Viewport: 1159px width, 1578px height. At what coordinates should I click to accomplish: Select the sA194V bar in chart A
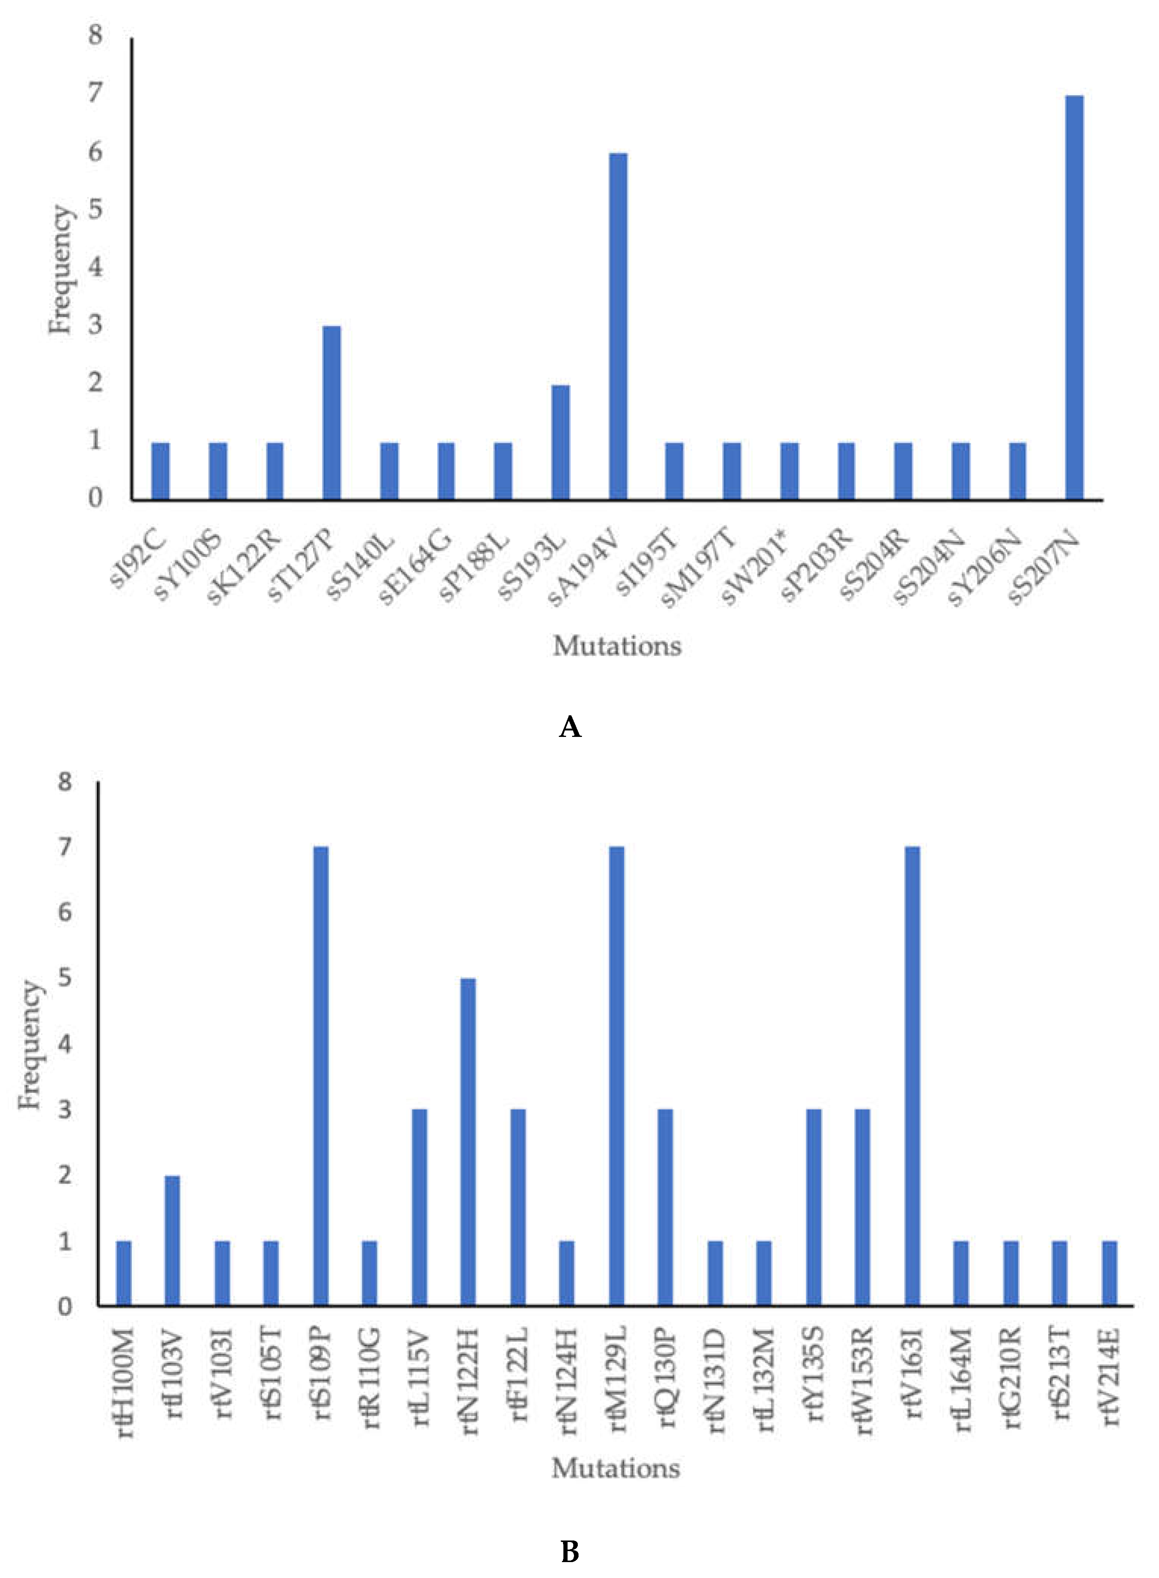point(618,326)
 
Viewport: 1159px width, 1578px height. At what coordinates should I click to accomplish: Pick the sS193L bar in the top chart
point(561,442)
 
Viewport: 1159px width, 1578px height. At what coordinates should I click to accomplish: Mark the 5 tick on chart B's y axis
point(65,978)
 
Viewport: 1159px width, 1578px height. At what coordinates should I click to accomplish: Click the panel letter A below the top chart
point(570,727)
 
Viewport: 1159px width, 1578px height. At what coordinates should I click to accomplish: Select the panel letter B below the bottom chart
point(570,1551)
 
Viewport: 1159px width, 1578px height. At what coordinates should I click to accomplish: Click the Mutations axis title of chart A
point(617,646)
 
